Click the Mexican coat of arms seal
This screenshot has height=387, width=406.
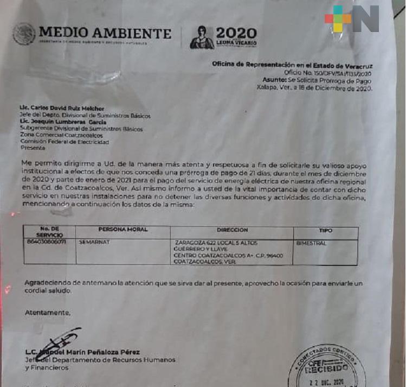coord(24,34)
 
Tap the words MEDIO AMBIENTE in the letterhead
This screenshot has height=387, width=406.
coord(105,33)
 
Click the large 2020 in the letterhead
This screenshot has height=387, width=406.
coord(236,33)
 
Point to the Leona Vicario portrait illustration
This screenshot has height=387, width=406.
coord(201,37)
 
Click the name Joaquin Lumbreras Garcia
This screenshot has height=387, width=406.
coord(71,122)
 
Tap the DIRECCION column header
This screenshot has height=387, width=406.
coord(231,230)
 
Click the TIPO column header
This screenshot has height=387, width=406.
coord(326,230)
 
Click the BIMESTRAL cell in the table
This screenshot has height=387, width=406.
coord(312,243)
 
